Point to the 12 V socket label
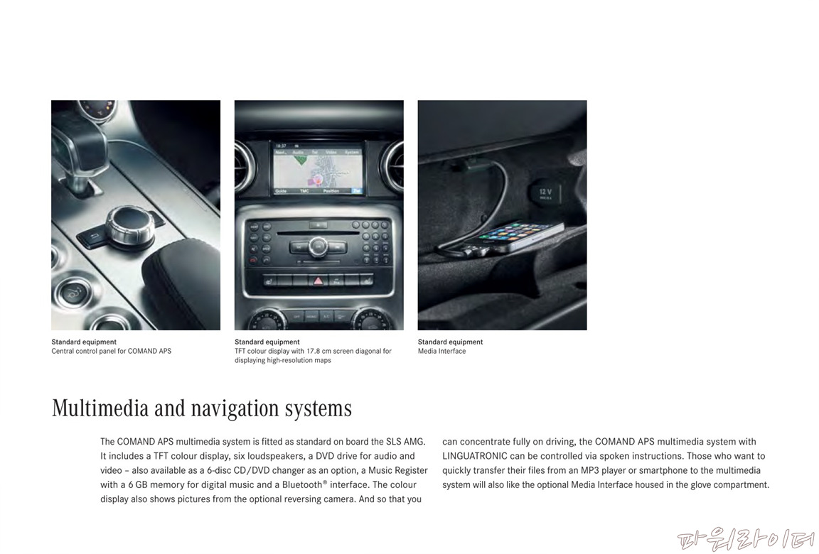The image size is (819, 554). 545,192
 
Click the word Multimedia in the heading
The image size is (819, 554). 100,408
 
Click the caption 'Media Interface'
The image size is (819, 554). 442,352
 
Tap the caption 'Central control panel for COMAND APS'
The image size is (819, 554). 111,352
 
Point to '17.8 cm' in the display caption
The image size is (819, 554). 319,352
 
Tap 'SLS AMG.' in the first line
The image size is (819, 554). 405,442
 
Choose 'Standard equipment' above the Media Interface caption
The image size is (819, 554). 450,342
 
